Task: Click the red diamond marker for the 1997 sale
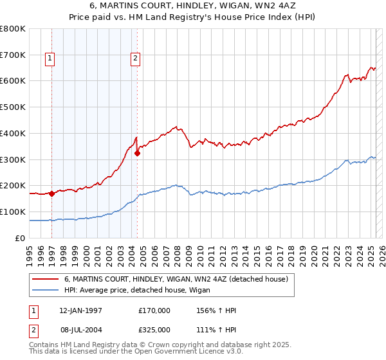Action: click(x=51, y=193)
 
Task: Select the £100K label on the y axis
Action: click(x=14, y=212)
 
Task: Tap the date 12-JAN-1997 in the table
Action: click(x=80, y=310)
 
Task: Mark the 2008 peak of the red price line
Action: click(x=175, y=127)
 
